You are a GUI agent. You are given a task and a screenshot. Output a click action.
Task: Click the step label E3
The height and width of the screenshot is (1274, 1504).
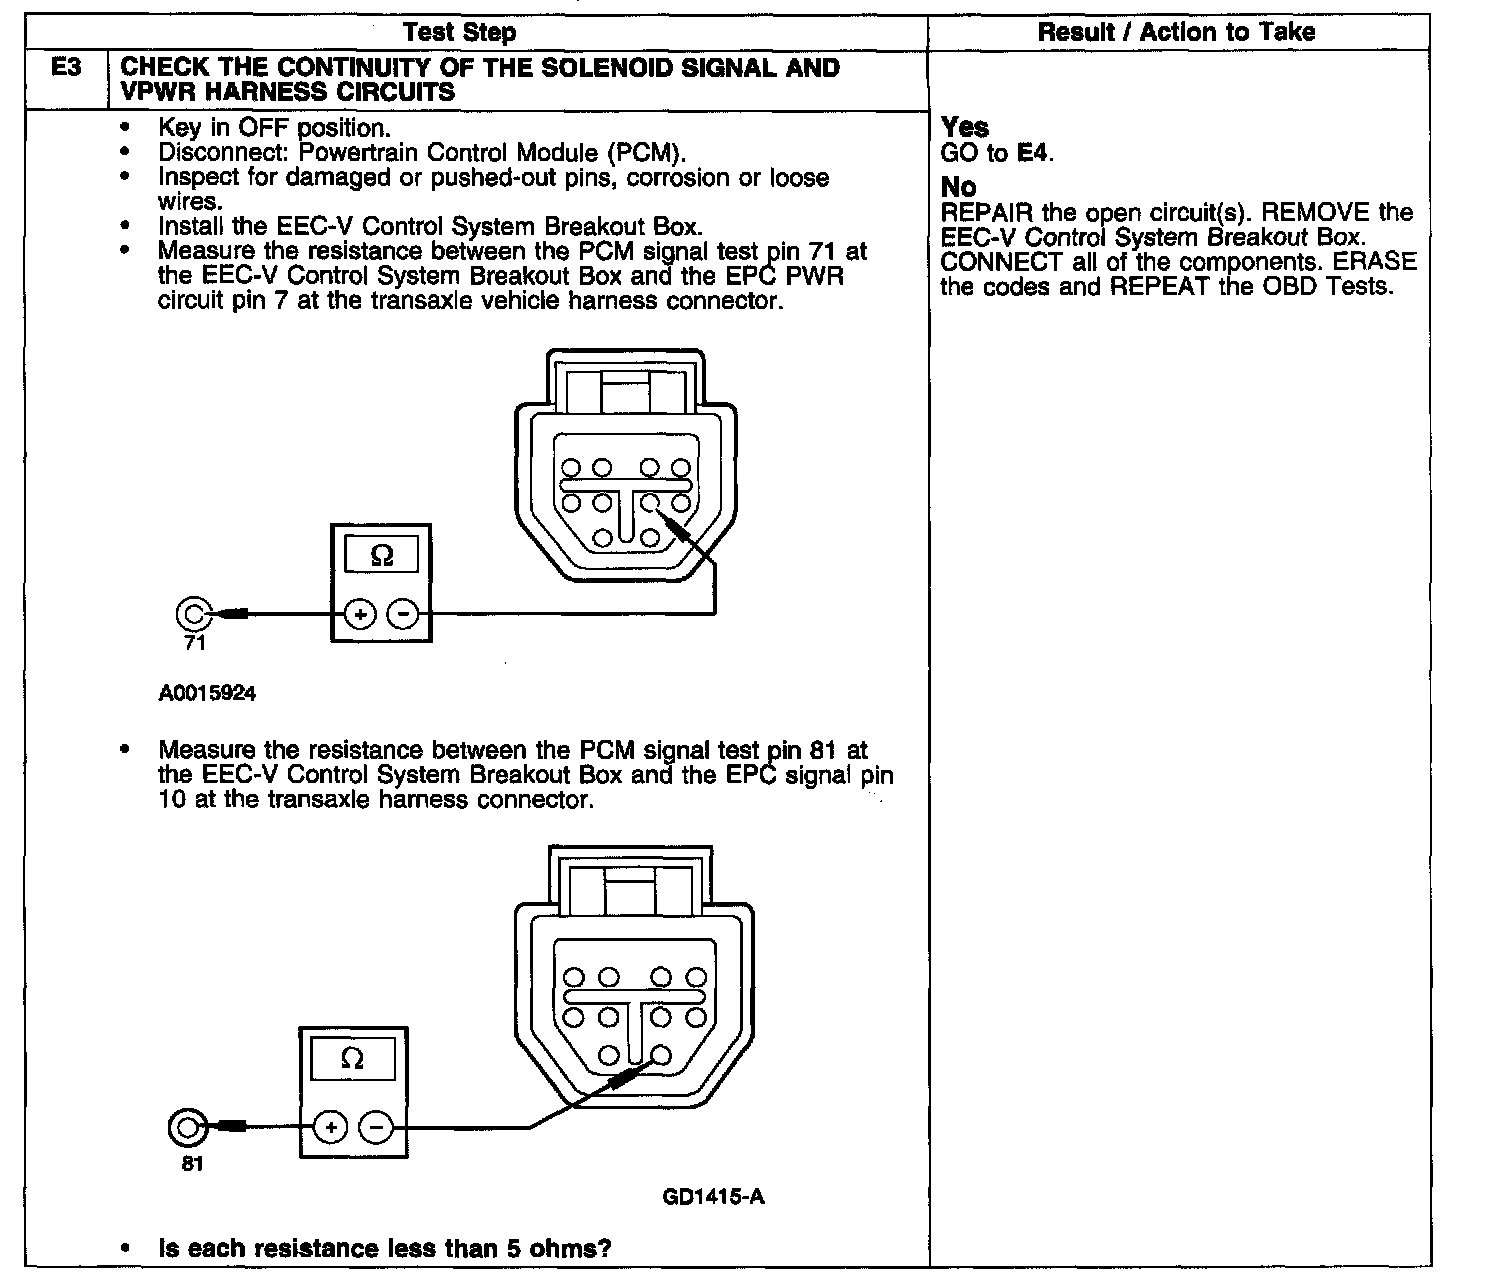67,69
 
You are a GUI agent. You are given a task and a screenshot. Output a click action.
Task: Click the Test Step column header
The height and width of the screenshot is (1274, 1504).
459,32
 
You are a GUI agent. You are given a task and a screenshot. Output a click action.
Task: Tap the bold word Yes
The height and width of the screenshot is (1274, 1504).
965,127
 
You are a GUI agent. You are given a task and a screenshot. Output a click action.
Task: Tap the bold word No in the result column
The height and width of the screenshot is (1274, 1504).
958,187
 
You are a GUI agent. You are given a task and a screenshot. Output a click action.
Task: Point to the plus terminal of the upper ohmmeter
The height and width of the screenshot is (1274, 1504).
358,613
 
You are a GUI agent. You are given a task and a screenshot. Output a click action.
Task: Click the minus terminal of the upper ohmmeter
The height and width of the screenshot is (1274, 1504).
403,613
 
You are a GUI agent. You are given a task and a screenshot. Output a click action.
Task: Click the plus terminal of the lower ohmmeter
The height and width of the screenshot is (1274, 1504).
329,1128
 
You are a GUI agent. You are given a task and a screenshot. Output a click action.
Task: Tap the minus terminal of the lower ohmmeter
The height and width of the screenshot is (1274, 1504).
375,1128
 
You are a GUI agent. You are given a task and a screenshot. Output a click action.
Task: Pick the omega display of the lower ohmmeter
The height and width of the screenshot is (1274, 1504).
352,1058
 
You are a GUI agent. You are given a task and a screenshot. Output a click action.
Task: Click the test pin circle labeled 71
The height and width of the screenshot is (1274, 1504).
193,613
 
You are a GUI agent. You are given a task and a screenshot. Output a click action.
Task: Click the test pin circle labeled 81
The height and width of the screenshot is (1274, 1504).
186,1128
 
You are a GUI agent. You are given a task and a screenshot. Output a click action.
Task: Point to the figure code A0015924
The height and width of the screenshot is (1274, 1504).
207,692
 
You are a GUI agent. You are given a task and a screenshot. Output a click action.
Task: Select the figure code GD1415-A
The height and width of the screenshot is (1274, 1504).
714,1196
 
